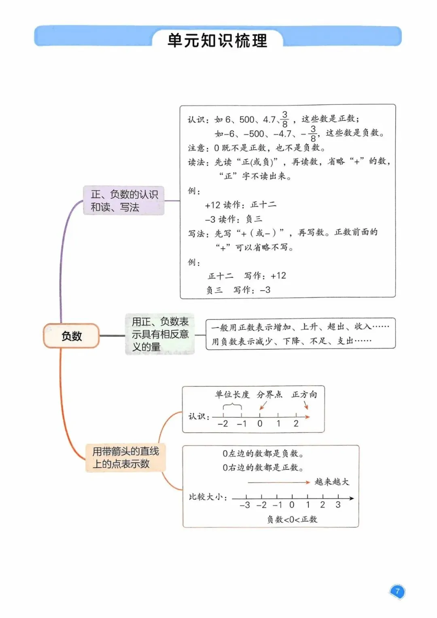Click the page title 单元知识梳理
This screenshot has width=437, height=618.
217,41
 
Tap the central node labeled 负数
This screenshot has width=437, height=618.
72,336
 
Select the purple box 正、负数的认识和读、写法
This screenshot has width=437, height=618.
124,201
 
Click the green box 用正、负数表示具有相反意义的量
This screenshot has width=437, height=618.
160,334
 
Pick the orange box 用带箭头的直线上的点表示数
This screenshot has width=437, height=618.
126,458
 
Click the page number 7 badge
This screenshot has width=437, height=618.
397,591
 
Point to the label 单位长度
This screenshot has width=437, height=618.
232,395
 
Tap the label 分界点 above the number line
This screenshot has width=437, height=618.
269,395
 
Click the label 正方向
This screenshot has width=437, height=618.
304,395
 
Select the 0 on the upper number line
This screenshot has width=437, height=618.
260,424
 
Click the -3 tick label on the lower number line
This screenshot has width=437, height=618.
245,505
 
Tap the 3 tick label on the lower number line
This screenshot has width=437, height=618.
338,505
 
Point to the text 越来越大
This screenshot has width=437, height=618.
332,482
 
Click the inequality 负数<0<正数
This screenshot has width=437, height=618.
292,519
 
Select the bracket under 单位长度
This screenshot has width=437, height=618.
233,406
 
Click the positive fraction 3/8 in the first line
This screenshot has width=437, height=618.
285,119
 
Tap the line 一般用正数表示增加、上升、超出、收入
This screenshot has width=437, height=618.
300,327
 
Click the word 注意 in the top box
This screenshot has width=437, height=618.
197,148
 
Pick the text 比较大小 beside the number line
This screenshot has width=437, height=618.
207,497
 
